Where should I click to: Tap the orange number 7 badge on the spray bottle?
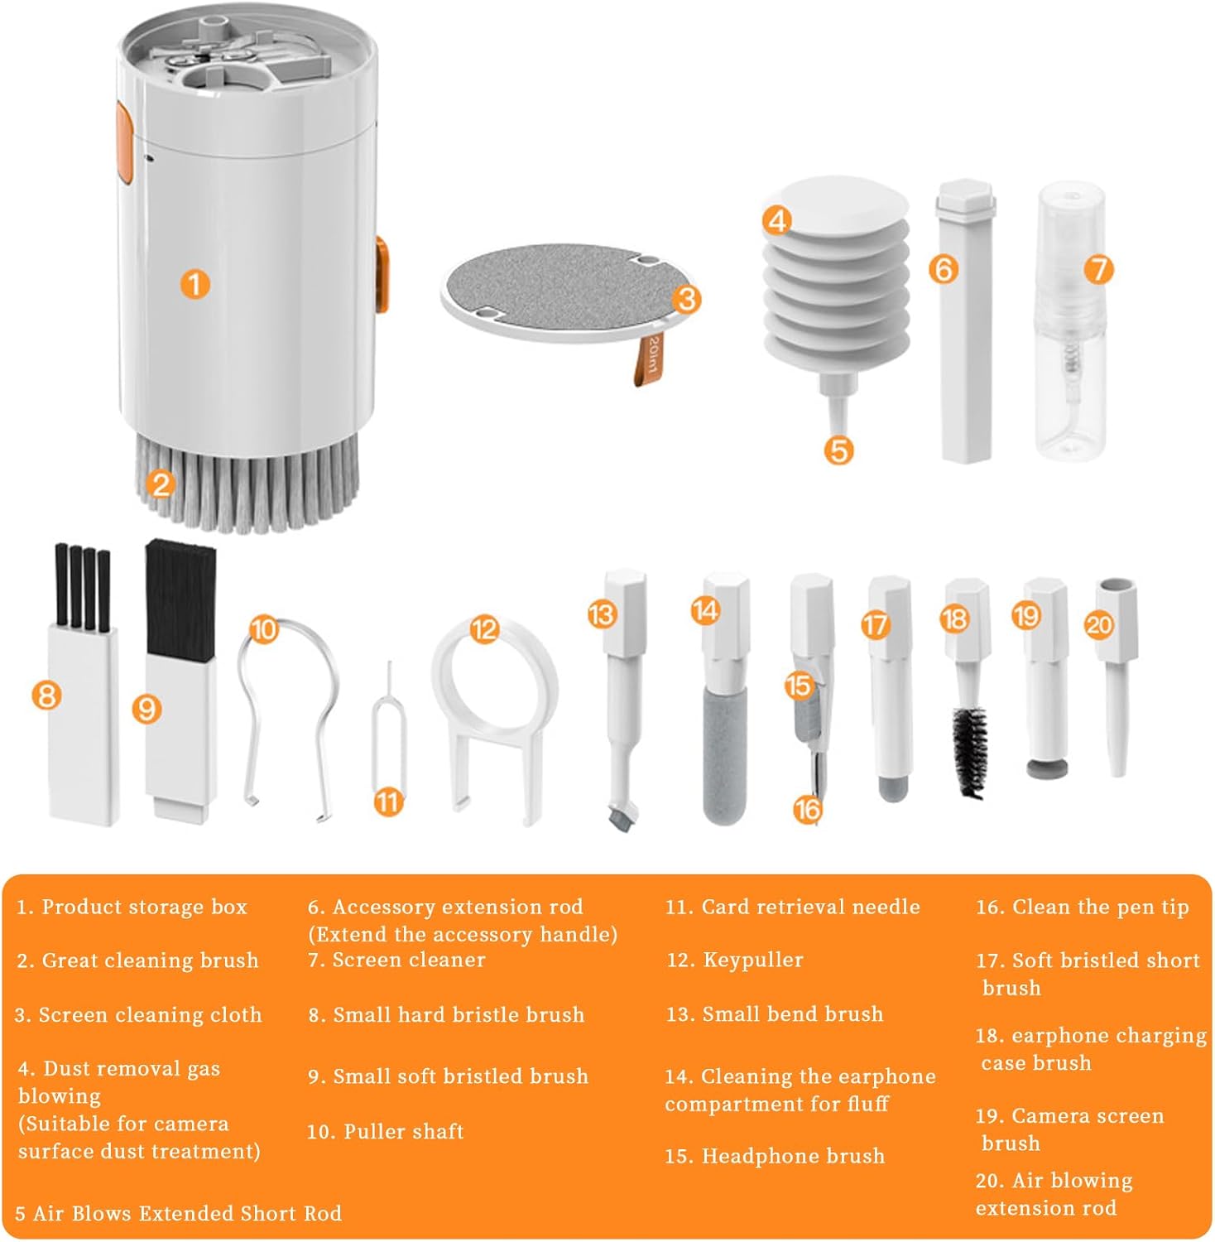pyautogui.click(x=1098, y=268)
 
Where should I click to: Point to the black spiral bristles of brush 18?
pyautogui.click(x=968, y=749)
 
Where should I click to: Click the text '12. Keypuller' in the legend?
pyautogui.click(x=735, y=960)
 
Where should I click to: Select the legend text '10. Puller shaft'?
pyautogui.click(x=385, y=1131)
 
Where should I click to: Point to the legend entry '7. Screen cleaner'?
pyautogui.click(x=396, y=960)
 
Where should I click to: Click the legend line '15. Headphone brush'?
pyautogui.click(x=775, y=1156)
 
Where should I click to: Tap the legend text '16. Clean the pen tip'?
pyautogui.click(x=1082, y=907)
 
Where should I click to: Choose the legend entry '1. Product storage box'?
pyautogui.click(x=132, y=907)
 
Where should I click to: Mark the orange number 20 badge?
pyautogui.click(x=1099, y=623)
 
